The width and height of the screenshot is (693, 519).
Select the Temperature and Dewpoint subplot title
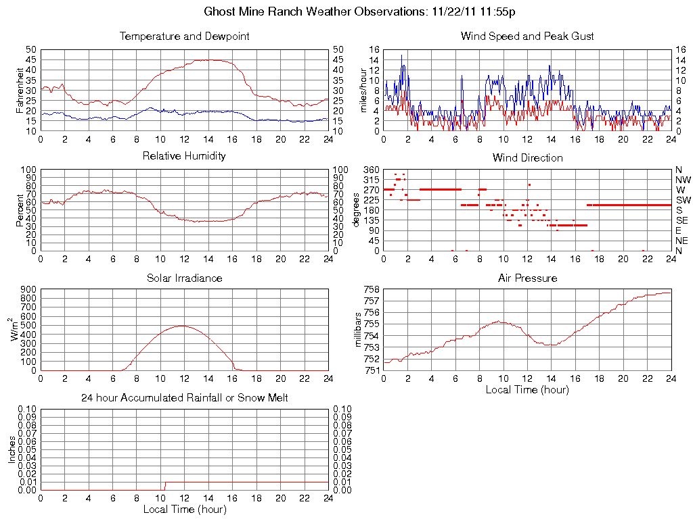(184, 36)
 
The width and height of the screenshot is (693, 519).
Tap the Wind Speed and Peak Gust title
(527, 36)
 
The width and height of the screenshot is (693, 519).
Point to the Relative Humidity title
(184, 156)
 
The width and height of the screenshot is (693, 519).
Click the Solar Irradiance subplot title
(184, 278)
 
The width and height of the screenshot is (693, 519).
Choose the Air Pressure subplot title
(527, 278)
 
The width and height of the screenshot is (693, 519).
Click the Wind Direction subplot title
(527, 158)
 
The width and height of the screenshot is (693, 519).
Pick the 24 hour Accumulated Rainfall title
(184, 398)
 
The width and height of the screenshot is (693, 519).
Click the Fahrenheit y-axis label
(20, 90)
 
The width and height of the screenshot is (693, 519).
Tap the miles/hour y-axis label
(362, 90)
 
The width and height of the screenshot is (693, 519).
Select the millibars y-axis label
(359, 330)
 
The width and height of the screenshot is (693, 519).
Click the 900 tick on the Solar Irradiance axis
(28, 290)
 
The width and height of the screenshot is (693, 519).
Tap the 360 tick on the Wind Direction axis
(372, 170)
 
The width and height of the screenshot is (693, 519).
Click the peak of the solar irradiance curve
(182, 326)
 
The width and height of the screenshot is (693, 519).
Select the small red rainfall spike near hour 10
(165, 485)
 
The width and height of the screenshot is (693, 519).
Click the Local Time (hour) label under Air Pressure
(527, 389)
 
